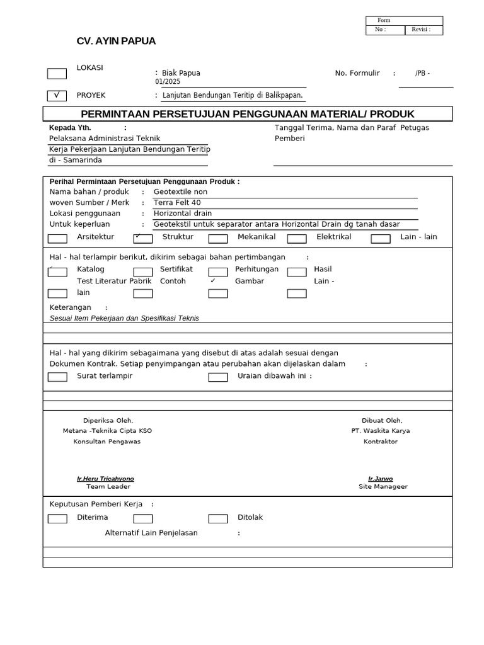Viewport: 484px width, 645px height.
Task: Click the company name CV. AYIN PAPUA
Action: tap(116, 41)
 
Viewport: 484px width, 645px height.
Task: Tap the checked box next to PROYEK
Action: tap(57, 96)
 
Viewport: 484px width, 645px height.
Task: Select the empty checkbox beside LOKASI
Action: tap(57, 74)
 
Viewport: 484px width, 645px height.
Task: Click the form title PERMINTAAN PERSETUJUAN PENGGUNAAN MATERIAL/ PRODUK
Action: tap(248, 114)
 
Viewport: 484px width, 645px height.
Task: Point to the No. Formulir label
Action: tap(357, 73)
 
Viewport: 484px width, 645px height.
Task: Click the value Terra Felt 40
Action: tap(177, 203)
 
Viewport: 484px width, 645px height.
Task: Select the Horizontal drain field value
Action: tap(183, 214)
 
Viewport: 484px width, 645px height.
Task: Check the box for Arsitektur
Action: tap(57, 239)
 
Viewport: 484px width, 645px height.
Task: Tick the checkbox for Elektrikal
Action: tap(297, 239)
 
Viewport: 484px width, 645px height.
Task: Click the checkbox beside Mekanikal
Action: tap(218, 239)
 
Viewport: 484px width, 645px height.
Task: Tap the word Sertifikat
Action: tap(176, 269)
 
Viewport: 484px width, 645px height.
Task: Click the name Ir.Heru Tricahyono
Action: tap(105, 479)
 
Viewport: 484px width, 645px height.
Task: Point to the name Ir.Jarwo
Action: tap(380, 479)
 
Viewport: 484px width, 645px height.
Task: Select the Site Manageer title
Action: tap(383, 487)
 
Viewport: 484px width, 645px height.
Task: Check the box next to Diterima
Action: tap(57, 519)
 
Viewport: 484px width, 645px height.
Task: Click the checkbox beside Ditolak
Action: tap(218, 519)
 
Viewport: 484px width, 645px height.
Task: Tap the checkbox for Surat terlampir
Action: tap(57, 377)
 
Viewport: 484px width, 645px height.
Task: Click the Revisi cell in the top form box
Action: tap(423, 30)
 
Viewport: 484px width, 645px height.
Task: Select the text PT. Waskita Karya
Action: tap(381, 431)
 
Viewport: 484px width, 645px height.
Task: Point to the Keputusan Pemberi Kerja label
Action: tap(96, 505)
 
